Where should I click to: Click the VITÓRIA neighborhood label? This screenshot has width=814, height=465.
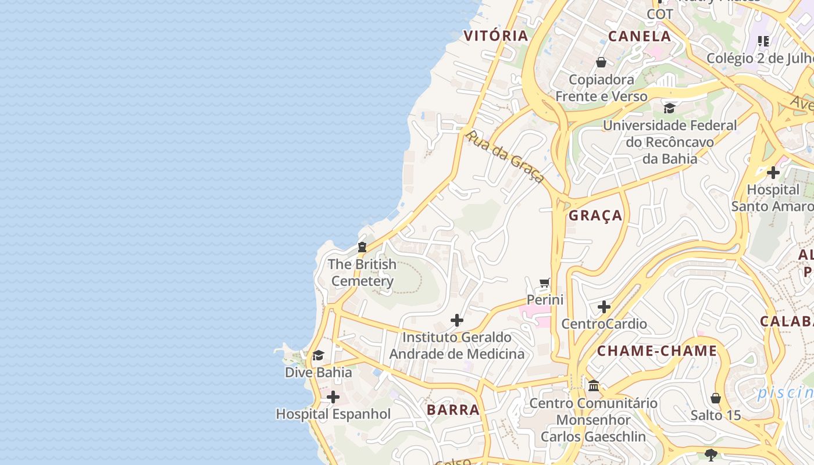[495, 35]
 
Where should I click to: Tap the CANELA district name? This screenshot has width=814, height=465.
[640, 36]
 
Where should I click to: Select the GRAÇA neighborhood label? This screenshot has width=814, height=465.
[595, 216]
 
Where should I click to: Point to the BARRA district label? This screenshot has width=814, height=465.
[453, 410]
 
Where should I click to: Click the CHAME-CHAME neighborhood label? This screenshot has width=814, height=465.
[657, 351]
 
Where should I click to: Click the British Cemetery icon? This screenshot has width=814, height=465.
[362, 247]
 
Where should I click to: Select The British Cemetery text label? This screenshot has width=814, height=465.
[362, 273]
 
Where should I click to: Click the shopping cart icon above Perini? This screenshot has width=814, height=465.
[545, 283]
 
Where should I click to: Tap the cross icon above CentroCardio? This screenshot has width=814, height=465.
[604, 306]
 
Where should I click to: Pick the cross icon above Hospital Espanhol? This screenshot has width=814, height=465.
[333, 397]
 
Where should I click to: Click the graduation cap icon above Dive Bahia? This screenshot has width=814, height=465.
[318, 355]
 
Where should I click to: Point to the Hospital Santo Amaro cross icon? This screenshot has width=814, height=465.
[773, 173]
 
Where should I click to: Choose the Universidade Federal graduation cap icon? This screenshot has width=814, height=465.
[669, 108]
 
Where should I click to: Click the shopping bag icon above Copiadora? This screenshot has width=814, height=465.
[601, 62]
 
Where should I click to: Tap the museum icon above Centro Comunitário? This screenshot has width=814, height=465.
[594, 386]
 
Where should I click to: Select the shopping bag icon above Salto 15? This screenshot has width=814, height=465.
[716, 398]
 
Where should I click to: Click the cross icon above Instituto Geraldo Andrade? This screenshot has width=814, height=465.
[457, 320]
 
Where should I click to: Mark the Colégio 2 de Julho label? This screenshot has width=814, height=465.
[759, 59]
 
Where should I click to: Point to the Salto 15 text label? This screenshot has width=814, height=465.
[716, 415]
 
